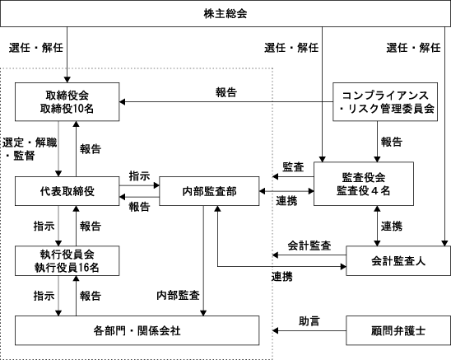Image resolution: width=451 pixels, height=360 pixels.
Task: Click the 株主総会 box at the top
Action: [x=225, y=13]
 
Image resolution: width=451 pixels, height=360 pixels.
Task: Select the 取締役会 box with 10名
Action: [x=67, y=101]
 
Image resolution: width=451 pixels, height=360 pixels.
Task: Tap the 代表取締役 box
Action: [x=67, y=191]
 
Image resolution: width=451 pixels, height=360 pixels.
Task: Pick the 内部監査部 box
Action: [x=209, y=191]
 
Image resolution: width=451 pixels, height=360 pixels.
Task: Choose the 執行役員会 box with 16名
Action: [x=67, y=260]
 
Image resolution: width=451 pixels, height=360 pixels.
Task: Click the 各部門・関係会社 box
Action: [x=137, y=330]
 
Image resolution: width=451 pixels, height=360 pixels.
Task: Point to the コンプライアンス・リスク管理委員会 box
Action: [x=385, y=101]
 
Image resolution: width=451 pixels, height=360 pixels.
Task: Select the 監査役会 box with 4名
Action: [x=364, y=184]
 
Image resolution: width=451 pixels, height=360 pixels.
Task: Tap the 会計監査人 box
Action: [x=398, y=260]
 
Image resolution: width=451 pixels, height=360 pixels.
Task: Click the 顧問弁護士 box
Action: [x=398, y=330]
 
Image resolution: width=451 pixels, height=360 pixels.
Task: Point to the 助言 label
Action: [x=309, y=321]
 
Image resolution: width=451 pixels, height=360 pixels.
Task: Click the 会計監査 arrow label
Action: [x=309, y=245]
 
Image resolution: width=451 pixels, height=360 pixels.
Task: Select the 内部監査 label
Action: [x=178, y=295]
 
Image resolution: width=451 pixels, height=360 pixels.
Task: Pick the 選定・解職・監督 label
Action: [x=30, y=149]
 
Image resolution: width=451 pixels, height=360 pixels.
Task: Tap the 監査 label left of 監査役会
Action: [x=293, y=167]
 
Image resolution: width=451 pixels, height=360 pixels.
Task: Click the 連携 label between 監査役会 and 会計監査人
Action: [x=392, y=226]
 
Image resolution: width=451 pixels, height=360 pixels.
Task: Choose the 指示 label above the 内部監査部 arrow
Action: [x=139, y=176]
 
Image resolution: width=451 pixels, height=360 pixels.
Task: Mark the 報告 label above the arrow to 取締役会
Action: [x=226, y=92]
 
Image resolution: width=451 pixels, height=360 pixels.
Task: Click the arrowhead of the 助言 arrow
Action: [x=275, y=330]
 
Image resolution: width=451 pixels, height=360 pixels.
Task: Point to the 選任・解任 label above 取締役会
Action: [x=36, y=48]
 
